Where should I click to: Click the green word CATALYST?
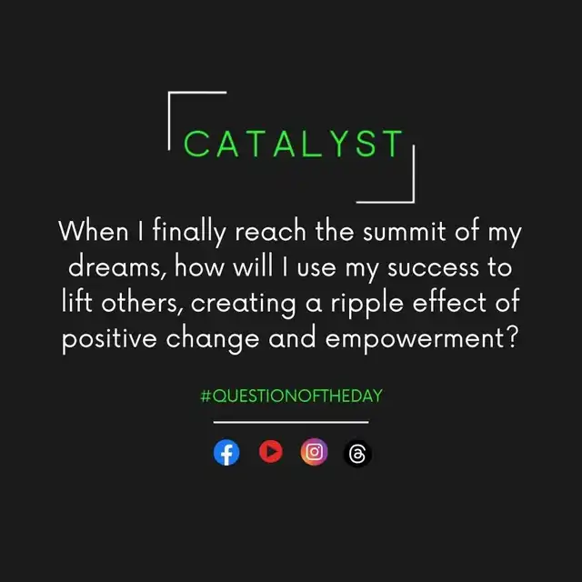(293, 144)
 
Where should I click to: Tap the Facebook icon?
(226, 452)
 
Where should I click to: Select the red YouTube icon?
(271, 451)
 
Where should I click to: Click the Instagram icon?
(314, 452)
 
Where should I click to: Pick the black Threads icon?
(357, 453)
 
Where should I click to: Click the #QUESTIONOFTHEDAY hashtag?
(291, 396)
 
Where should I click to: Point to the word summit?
(404, 231)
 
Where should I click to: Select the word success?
(433, 267)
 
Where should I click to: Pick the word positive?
(109, 339)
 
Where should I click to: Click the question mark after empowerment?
(512, 337)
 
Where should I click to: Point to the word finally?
(189, 232)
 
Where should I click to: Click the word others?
(142, 303)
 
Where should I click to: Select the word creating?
(244, 305)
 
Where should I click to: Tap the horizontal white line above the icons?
(291, 422)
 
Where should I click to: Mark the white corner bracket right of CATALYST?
(414, 175)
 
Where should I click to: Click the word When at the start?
(94, 231)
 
